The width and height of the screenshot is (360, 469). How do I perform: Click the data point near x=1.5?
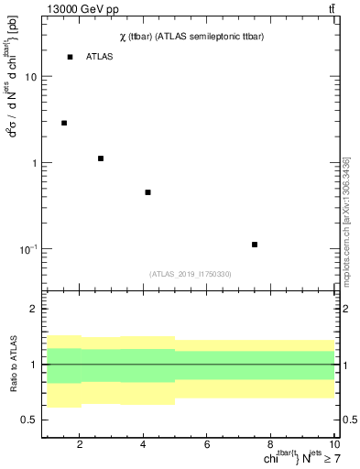(64, 123)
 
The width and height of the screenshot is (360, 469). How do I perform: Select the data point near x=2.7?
(101, 158)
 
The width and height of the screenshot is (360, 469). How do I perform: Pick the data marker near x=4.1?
(147, 192)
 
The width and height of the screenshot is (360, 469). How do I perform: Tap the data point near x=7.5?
(255, 245)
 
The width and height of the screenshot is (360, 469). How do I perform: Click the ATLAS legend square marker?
(70, 57)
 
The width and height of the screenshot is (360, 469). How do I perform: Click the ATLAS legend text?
(100, 57)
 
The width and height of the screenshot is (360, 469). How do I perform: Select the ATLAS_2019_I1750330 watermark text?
(191, 274)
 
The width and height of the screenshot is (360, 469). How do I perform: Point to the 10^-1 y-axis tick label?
(29, 249)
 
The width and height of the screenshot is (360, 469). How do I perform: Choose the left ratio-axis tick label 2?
(34, 310)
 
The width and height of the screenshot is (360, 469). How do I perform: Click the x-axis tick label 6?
(207, 445)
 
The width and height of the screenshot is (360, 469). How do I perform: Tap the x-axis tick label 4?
(143, 445)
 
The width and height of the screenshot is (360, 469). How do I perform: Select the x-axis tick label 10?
(333, 445)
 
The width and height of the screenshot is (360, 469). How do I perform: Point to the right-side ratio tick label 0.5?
(349, 420)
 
